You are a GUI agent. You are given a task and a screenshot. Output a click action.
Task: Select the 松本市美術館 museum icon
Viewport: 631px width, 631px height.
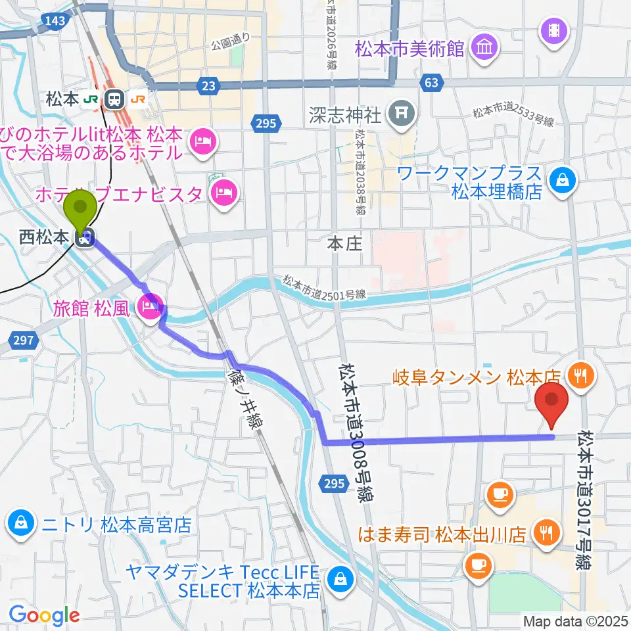point(488,47)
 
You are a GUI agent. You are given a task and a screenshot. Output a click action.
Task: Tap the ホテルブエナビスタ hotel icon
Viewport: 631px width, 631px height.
point(224,193)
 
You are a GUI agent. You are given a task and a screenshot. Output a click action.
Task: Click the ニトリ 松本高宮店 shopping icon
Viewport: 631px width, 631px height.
point(20,524)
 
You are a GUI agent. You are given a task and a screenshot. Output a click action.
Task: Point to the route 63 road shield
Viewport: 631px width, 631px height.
point(431,83)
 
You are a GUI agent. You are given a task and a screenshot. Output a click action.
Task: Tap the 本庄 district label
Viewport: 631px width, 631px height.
point(345,245)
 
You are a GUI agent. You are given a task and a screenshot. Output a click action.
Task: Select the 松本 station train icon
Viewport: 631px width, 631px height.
point(114,99)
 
